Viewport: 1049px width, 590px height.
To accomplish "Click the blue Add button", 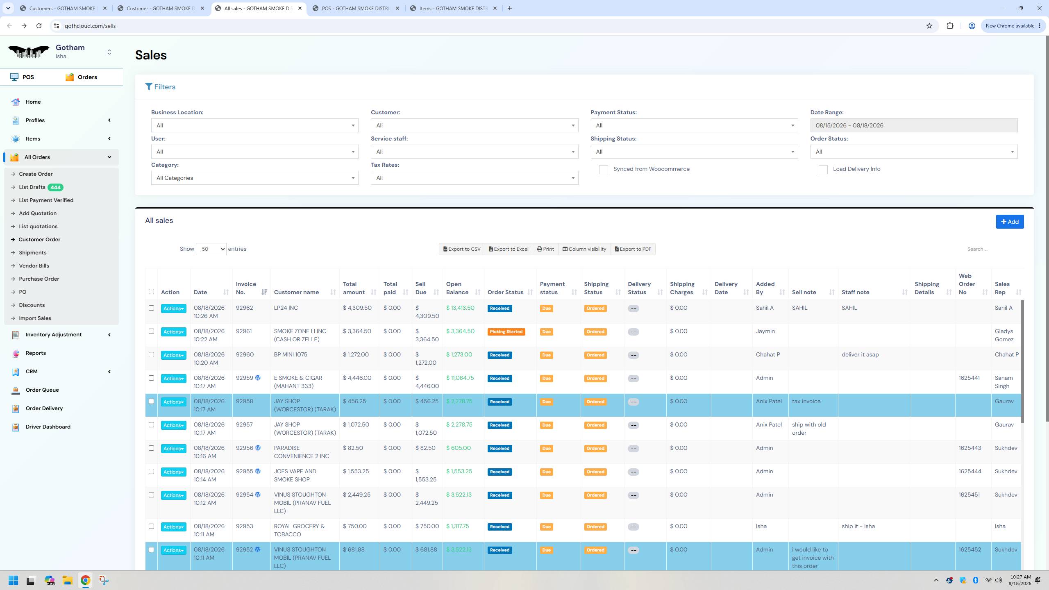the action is [x=1010, y=222].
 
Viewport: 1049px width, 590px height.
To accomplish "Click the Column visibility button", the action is [x=584, y=249].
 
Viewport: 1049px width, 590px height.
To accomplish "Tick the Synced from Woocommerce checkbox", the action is [x=603, y=170].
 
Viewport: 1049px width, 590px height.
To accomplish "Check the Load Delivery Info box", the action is [x=823, y=170].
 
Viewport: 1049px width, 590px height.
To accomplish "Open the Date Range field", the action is [x=914, y=125].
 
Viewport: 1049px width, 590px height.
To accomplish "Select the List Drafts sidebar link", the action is [x=32, y=187].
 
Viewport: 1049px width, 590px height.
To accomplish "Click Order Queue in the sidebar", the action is [x=42, y=390].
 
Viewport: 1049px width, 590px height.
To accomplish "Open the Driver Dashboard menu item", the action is [x=48, y=427].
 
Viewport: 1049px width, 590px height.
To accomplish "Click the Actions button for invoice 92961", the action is [x=173, y=332].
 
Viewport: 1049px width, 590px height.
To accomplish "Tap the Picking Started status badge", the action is [x=506, y=332].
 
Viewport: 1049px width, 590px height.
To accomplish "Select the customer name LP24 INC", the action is [x=286, y=308].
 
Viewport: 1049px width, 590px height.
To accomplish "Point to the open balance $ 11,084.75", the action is [x=460, y=378].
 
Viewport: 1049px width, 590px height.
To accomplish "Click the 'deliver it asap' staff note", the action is [x=860, y=355].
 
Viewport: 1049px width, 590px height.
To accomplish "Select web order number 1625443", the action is [x=970, y=448].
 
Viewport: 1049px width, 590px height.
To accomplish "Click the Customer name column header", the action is [x=296, y=293].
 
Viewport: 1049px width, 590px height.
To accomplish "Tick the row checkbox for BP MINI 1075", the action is [x=151, y=355].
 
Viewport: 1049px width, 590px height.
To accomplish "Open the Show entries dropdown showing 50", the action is [x=211, y=249].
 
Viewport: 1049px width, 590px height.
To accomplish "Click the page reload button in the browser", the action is [x=39, y=26].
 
